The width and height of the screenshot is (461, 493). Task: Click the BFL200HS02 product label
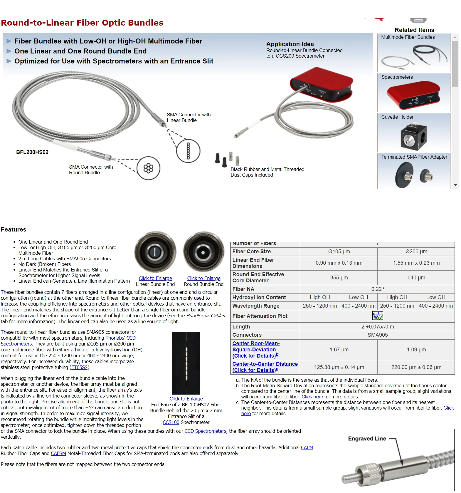[32, 152]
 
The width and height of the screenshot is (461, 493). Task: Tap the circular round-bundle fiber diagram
[148, 168]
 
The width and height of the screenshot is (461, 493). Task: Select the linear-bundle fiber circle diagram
[188, 151]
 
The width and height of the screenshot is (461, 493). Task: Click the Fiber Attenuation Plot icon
[378, 316]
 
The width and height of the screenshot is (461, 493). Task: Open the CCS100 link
[171, 422]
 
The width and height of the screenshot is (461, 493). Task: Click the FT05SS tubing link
[79, 367]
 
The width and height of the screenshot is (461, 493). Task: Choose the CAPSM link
[58, 453]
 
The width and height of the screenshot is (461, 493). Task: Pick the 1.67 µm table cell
[339, 350]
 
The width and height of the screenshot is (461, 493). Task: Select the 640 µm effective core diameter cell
[416, 278]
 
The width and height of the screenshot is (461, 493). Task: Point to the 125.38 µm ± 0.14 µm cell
[339, 367]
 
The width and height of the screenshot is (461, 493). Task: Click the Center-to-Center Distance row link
[265, 364]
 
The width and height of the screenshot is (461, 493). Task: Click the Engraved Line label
[367, 439]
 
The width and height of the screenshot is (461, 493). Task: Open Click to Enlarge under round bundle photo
[203, 278]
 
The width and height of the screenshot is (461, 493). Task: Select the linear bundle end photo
[155, 252]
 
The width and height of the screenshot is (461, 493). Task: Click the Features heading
[14, 229]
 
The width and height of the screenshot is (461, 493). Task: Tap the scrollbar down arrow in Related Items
[455, 185]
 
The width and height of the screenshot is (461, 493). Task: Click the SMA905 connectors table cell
[377, 335]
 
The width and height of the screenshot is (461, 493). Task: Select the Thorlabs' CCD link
[120, 338]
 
